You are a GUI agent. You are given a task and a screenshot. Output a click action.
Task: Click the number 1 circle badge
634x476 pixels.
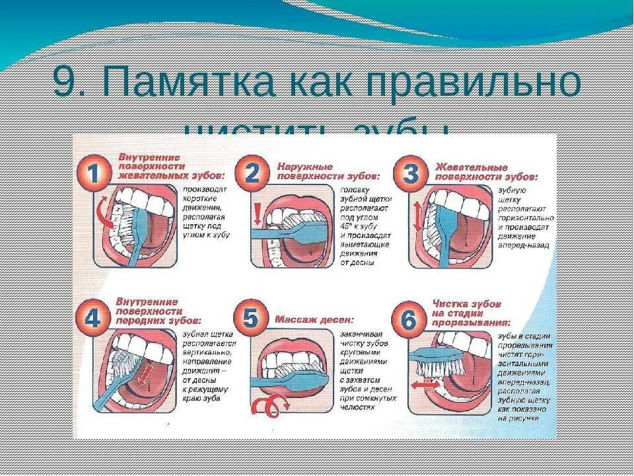(x=94, y=173)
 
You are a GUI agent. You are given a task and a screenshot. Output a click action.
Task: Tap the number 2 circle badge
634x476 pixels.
(x=252, y=174)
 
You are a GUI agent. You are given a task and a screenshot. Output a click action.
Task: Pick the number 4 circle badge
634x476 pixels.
(x=94, y=319)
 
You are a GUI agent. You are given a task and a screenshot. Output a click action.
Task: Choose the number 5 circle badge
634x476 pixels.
(x=251, y=319)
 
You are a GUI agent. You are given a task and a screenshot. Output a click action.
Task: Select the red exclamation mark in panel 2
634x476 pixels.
(x=258, y=212)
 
